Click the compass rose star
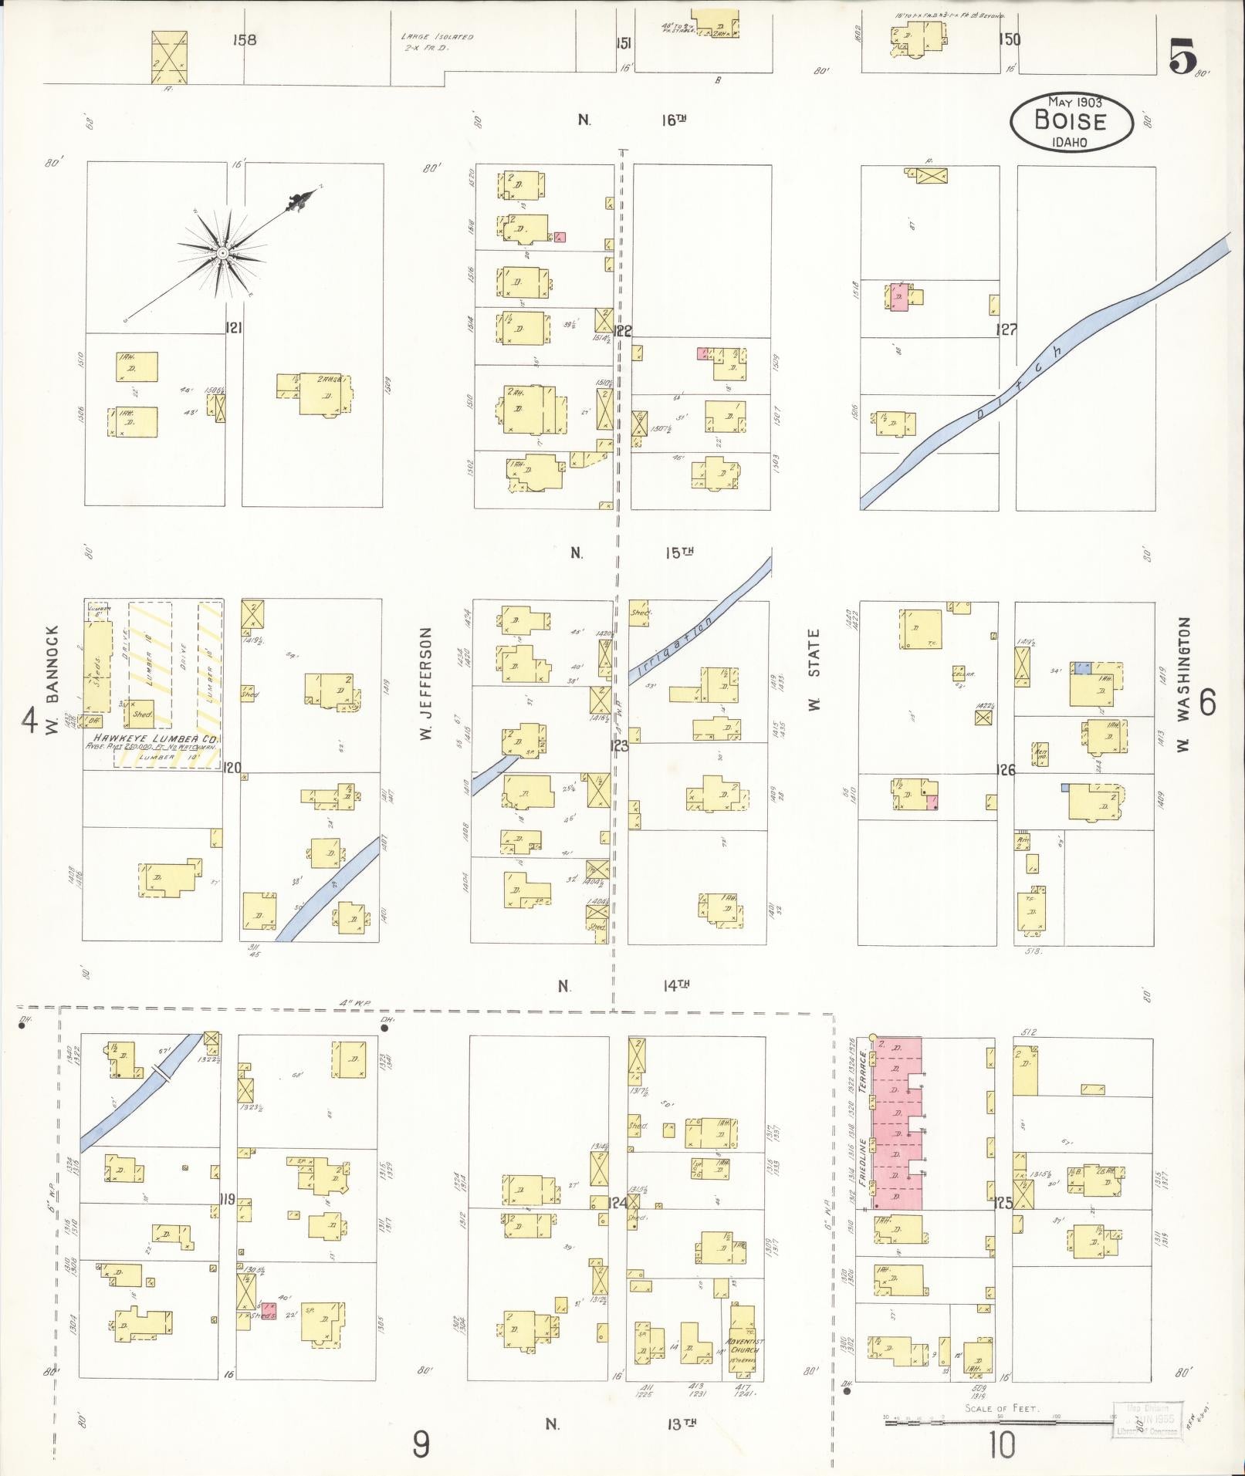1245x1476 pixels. click(x=222, y=252)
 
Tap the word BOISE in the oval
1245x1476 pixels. click(x=1071, y=121)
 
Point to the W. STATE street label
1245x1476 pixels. click(x=814, y=669)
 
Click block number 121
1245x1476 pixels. click(x=233, y=328)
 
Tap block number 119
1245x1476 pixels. click(x=228, y=1200)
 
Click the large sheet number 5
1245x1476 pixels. click(x=1182, y=56)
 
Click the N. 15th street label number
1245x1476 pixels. click(x=677, y=552)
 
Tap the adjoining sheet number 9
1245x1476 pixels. click(x=421, y=1444)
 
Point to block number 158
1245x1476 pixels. click(x=245, y=40)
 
